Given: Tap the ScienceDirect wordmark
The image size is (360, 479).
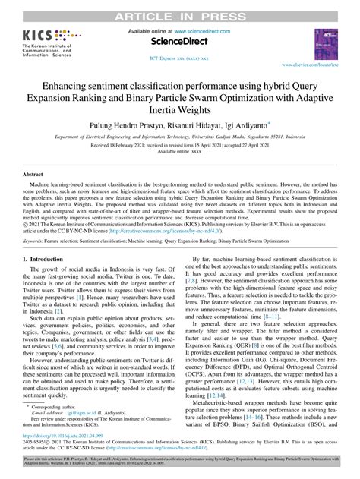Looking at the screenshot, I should (x=180, y=44).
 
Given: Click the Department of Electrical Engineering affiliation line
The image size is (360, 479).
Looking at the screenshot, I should (x=180, y=132).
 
